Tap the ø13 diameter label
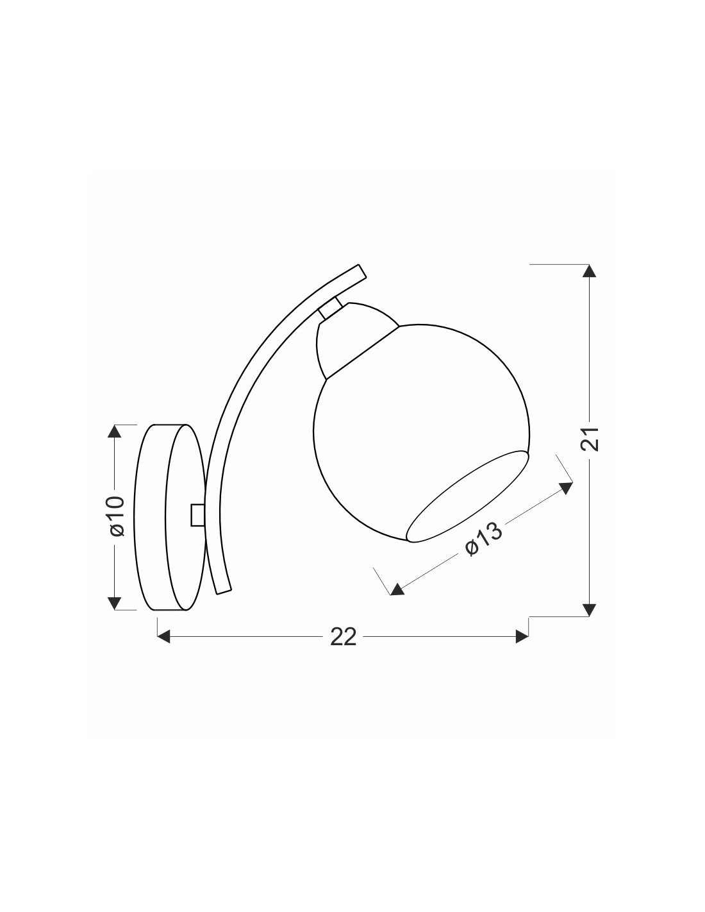(x=483, y=539)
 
